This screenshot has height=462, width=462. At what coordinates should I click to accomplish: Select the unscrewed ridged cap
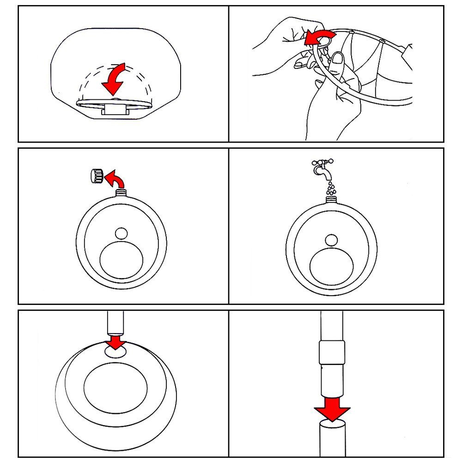(96, 176)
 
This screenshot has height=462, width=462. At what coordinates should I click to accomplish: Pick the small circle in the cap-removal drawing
(121, 233)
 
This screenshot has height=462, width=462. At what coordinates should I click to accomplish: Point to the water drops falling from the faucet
(330, 188)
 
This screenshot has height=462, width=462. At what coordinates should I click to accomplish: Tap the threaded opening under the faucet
(331, 200)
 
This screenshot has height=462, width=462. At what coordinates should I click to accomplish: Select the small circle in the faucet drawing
(331, 240)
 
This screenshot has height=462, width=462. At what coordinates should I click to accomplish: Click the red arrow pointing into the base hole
(115, 342)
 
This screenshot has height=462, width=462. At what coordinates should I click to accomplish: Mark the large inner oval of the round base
(115, 385)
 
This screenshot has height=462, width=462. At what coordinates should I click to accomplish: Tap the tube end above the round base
(115, 323)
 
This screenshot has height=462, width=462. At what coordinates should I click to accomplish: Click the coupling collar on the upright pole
(332, 353)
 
